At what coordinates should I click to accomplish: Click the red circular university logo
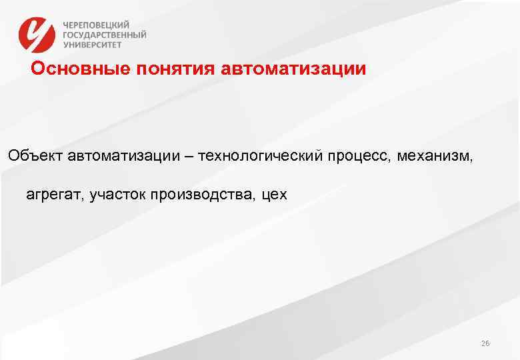36,35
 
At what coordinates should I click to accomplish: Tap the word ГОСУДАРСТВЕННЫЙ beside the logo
105,35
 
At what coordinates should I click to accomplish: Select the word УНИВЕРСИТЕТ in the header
93,45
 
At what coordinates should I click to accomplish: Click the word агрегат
53,195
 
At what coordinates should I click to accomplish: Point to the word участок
116,195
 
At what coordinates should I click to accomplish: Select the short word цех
275,195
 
